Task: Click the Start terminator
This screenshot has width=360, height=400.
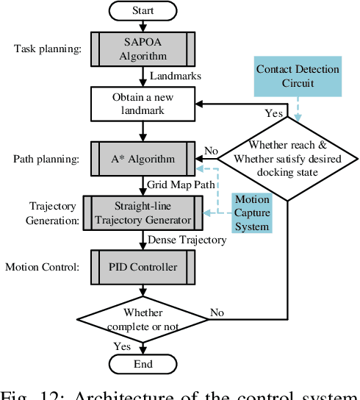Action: click(143, 12)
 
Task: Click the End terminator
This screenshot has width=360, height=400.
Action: click(143, 363)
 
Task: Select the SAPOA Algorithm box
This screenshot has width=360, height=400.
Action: click(143, 49)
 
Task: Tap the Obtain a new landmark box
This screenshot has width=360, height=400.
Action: click(143, 103)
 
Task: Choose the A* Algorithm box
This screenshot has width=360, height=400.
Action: click(143, 158)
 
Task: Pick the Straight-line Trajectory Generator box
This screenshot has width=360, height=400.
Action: click(143, 212)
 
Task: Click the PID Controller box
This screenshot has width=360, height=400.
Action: click(143, 267)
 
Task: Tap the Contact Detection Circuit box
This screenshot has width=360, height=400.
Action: click(298, 76)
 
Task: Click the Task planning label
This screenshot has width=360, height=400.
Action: click(45, 49)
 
